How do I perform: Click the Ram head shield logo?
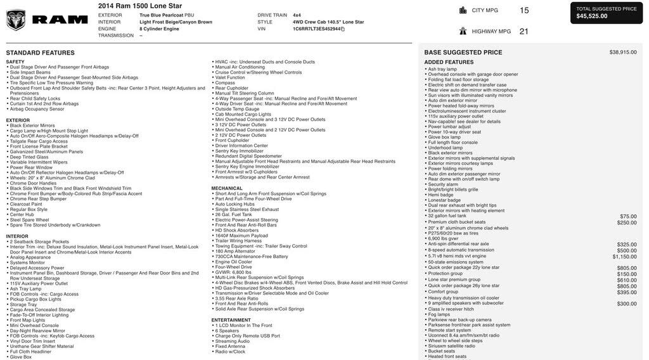tap(16, 20)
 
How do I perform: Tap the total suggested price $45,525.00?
tap(592, 16)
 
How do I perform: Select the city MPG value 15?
tap(524, 10)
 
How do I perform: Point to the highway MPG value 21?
tap(524, 31)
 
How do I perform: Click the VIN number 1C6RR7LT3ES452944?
tap(316, 29)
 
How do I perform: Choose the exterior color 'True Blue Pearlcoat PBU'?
tap(167, 15)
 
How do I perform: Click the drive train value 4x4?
tap(297, 15)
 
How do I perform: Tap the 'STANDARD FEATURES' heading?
tap(40, 53)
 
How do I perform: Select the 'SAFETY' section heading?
tap(15, 61)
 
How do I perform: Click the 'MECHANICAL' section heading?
tap(227, 188)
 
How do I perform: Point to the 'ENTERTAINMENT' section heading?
tap(231, 320)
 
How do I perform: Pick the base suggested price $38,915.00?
tap(622, 53)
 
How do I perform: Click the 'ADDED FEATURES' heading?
tap(449, 62)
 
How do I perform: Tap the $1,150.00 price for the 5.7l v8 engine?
tap(624, 257)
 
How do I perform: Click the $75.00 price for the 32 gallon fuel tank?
tap(628, 216)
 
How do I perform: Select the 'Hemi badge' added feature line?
tap(442, 195)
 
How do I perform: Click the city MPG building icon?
tap(463, 10)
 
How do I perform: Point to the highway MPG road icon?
tap(463, 31)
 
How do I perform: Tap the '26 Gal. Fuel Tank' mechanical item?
tap(233, 214)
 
